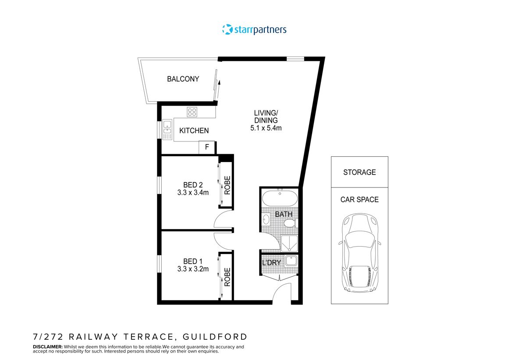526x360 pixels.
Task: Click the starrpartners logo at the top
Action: tap(254, 30)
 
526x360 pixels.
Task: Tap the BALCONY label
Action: tap(183, 79)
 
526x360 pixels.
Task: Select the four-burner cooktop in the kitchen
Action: tap(192, 112)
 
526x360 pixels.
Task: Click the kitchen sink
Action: tap(167, 130)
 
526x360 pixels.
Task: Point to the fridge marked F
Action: tap(207, 148)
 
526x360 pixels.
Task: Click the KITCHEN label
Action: tap(194, 131)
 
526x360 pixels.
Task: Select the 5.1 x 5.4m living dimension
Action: tap(266, 128)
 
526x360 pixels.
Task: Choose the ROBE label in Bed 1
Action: tap(227, 277)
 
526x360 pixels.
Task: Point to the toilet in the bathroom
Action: tap(289, 224)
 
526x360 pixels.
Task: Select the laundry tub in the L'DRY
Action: tap(291, 262)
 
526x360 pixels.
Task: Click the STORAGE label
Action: tap(359, 172)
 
